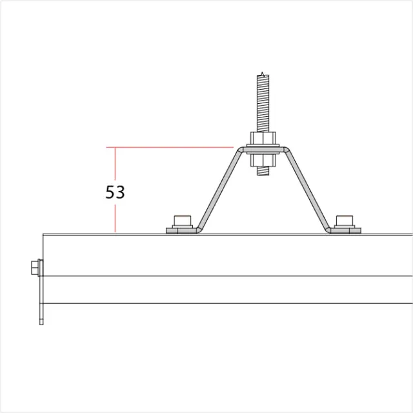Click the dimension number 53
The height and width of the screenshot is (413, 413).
115,192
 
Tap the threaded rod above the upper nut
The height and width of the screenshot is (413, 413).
263,103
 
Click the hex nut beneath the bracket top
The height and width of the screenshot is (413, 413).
263,160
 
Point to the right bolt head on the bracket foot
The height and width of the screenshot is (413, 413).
345,220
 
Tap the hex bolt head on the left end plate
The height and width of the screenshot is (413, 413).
34,267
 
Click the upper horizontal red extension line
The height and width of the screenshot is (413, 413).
174,147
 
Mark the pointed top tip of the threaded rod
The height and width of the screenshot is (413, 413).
263,72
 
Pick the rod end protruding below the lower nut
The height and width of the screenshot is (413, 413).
263,171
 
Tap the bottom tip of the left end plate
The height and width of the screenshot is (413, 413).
41,322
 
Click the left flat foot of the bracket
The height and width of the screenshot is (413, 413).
182,230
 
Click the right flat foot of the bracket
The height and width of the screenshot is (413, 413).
345,230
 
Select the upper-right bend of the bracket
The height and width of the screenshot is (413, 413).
287,151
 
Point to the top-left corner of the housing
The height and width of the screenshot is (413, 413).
43,234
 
